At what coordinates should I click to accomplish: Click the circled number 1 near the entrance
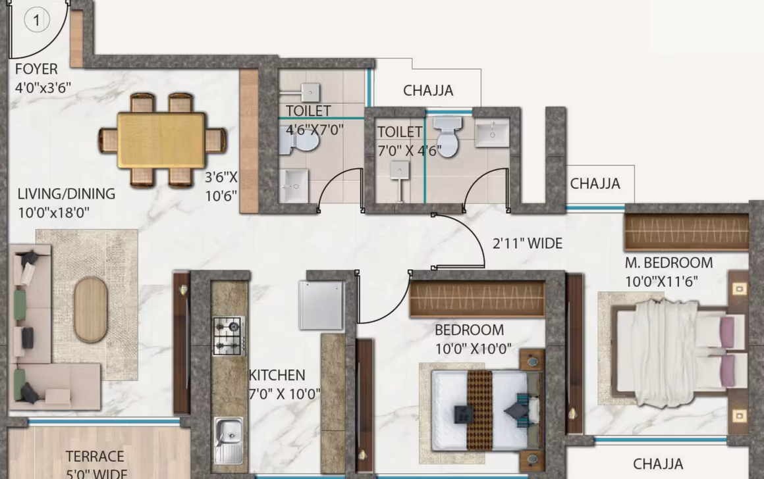tap(37, 20)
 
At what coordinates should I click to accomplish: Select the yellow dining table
tap(161, 140)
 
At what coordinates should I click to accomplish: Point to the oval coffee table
tap(90, 309)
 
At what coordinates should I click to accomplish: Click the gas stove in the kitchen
tap(229, 336)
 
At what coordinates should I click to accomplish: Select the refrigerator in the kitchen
tap(321, 305)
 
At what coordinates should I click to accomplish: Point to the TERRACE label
tap(95, 457)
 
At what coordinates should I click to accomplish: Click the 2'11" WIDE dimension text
tap(527, 244)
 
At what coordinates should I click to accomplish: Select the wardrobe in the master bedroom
tap(686, 232)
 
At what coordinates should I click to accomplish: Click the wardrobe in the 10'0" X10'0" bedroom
tap(477, 299)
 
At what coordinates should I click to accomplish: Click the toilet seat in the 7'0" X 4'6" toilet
tap(448, 138)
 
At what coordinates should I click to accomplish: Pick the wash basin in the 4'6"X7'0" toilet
tap(293, 185)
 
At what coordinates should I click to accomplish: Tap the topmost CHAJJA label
tap(428, 91)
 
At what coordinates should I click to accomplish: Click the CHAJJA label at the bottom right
tap(658, 464)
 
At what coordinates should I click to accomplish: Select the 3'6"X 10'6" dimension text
tap(221, 186)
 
